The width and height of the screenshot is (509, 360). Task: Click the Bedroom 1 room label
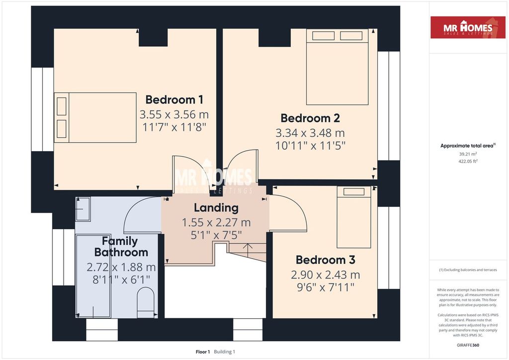[174, 99]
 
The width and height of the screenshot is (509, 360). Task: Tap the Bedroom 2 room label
[310, 118]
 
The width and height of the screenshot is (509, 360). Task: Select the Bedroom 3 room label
[325, 260]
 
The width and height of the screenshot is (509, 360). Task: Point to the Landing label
[216, 208]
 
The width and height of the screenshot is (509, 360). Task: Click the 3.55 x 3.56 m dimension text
[174, 114]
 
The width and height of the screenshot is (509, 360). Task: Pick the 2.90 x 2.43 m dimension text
[325, 274]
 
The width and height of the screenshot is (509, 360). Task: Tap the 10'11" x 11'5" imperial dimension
[310, 146]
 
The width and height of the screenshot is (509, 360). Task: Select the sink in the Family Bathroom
[83, 209]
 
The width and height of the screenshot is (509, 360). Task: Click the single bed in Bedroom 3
[354, 217]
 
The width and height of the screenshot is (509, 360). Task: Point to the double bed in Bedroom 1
[95, 117]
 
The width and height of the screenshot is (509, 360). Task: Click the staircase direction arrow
[248, 250]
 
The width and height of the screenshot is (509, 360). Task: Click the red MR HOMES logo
[468, 27]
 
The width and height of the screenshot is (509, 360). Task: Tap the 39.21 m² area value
[468, 154]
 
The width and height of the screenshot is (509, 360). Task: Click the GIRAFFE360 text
[468, 345]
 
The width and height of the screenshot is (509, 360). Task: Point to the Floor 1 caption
[203, 352]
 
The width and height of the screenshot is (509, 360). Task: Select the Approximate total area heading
[468, 146]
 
